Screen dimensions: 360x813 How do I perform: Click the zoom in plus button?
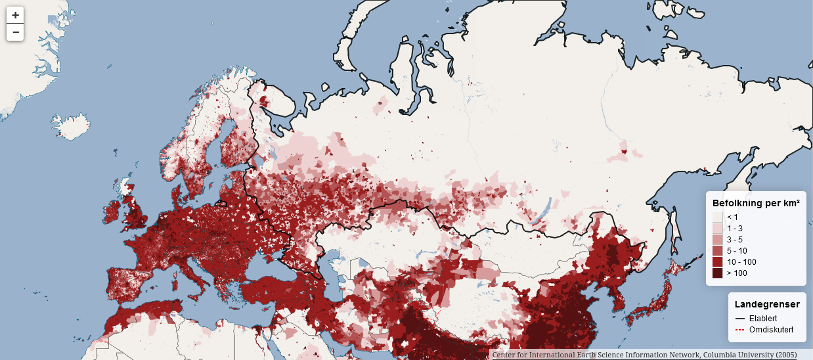(x=15, y=15)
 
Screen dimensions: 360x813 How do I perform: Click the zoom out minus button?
(x=15, y=32)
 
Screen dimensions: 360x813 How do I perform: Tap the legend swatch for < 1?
(x=718, y=217)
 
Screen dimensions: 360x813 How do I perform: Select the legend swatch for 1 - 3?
(x=718, y=229)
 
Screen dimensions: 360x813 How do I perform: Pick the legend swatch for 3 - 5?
(x=718, y=240)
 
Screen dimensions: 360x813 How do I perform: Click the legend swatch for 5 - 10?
(x=718, y=251)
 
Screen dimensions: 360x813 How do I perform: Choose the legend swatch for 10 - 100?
(x=718, y=262)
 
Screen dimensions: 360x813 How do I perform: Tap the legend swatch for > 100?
(x=718, y=273)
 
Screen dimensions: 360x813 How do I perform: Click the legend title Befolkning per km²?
(x=756, y=204)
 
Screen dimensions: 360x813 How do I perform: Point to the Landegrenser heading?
(x=767, y=304)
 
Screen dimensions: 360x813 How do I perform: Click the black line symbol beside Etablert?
(x=740, y=318)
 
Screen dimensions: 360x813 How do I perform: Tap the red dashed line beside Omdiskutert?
(x=740, y=328)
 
